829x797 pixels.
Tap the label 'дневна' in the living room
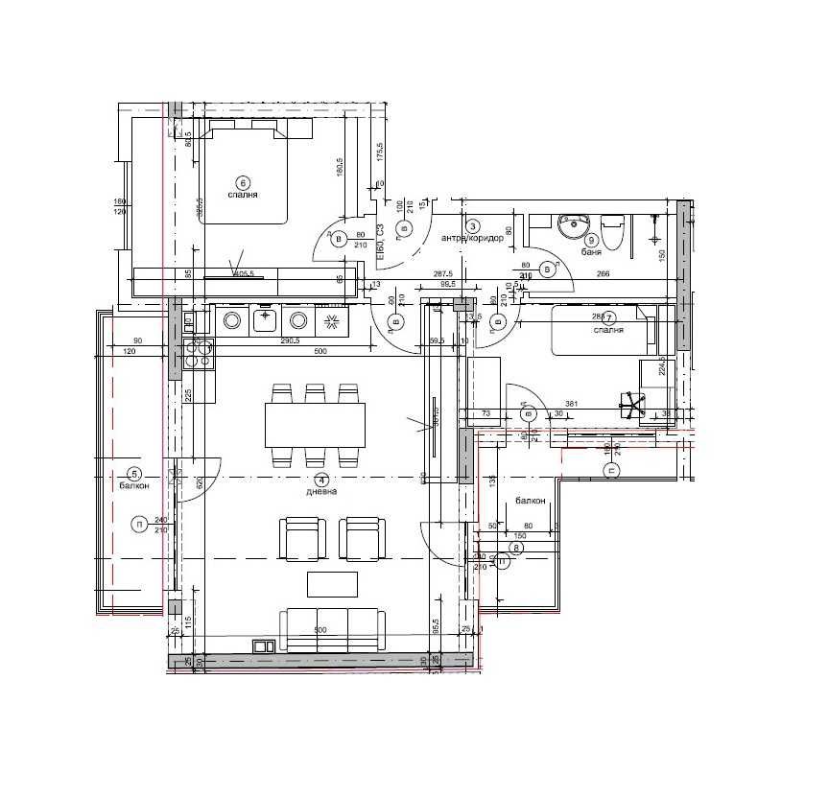coord(320,491)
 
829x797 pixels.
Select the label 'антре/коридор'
coord(472,238)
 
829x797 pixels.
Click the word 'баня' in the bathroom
coord(592,254)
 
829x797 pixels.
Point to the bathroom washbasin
coord(573,227)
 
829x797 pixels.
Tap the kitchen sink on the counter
coord(266,319)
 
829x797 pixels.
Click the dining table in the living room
coord(316,425)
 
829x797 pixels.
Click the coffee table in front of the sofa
coord(332,582)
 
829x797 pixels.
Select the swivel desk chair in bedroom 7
coord(631,404)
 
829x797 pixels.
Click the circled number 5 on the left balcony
coord(134,473)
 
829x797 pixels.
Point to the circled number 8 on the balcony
coord(516,548)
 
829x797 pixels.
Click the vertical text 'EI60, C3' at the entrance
coord(381,243)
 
